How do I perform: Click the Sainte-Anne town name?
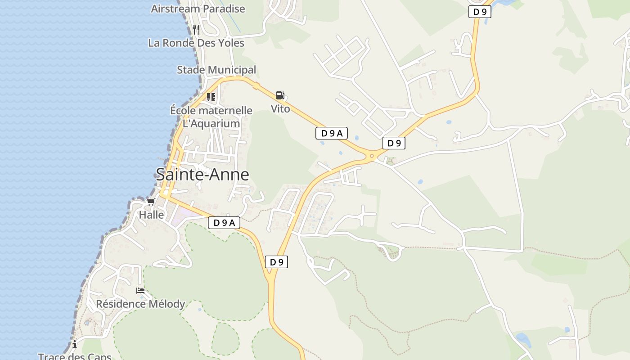coord(202,175)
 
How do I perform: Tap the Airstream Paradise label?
coord(198,9)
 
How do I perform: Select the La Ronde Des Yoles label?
coord(196,43)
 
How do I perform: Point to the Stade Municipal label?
coord(216,70)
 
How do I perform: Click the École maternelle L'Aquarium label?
coord(211,117)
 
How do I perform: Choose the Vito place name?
coord(280,109)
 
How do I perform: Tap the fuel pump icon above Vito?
coord(280,95)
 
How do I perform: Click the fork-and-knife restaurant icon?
coord(196,30)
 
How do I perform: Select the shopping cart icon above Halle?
coord(151,202)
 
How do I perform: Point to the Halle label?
coord(151,215)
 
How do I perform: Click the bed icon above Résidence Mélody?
coord(140,291)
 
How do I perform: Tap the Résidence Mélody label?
coord(140,304)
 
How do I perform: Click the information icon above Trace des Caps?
coord(74,345)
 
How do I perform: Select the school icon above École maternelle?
coord(211,97)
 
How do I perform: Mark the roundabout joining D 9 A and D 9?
coord(372,156)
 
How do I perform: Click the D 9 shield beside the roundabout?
coord(394,143)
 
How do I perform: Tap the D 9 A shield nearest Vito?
coord(331,133)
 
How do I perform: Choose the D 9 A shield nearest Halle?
coord(224,222)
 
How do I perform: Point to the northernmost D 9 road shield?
coord(479,12)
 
